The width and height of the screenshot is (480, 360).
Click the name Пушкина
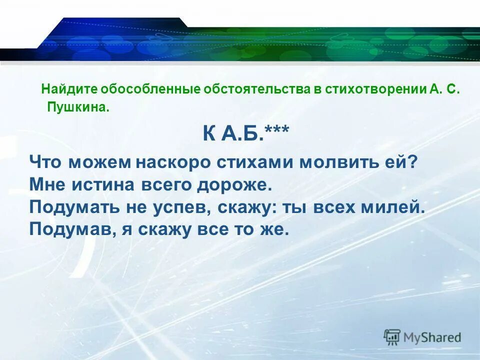coord(77,107)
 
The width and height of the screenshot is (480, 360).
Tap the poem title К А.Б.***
coord(245,133)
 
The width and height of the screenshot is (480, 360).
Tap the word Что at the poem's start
coord(46,162)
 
